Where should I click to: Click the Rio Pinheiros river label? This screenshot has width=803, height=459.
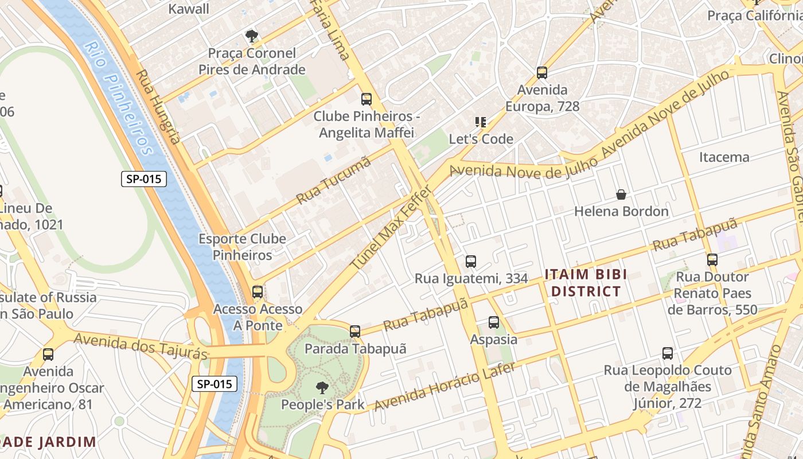coord(119,98)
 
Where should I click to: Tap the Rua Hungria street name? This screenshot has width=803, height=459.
coord(159,107)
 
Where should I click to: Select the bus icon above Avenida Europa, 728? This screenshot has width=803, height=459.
coord(542,73)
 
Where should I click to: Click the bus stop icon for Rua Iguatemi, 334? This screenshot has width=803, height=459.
coord(471,262)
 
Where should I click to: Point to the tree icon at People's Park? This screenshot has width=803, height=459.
coord(322,387)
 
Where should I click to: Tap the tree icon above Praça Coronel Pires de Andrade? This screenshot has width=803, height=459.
coord(251,37)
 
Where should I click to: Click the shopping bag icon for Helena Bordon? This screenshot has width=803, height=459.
coord(621,195)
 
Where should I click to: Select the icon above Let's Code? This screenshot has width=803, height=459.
coord(481,122)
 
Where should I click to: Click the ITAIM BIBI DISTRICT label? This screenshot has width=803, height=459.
coord(586,283)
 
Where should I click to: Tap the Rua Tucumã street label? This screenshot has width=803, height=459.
coord(334,180)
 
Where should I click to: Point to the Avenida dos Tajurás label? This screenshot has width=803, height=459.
coord(141,347)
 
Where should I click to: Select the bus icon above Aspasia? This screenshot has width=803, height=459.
coord(494,322)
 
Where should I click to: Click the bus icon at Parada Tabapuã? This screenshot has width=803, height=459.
coord(355,331)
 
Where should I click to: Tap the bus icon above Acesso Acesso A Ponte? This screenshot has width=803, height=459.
coord(258,292)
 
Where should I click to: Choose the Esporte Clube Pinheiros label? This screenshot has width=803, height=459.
coord(242,247)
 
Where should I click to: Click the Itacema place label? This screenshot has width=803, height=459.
coord(724,157)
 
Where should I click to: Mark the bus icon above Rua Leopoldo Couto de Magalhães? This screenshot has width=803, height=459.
coord(668,353)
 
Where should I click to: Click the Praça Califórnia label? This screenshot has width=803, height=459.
coord(754,15)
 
